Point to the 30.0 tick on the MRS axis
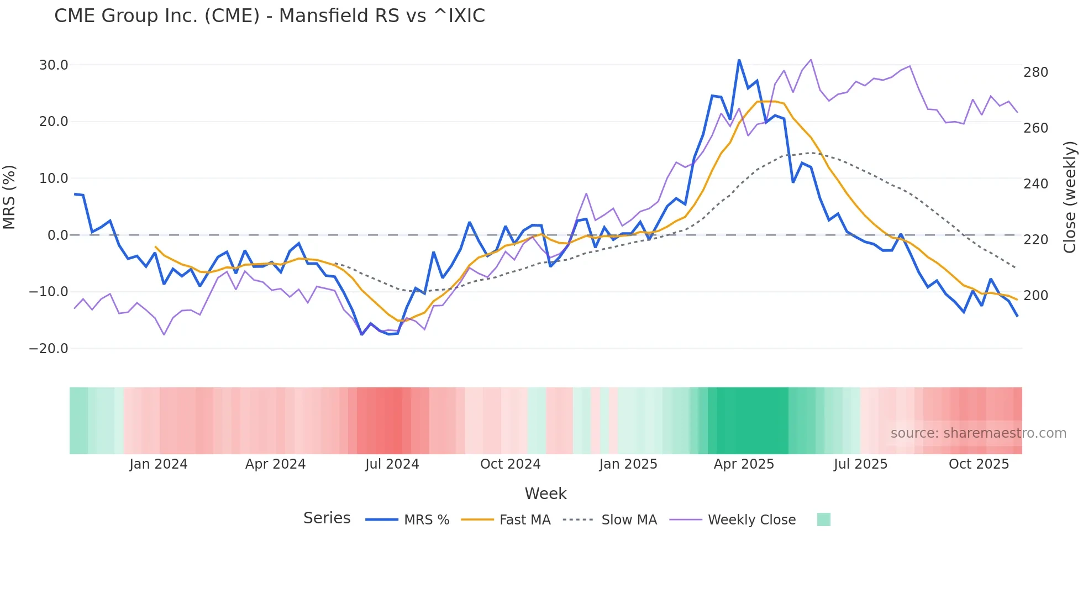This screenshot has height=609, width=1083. point(54,65)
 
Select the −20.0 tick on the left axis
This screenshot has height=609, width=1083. point(49,349)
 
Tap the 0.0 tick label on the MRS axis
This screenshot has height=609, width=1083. point(57,235)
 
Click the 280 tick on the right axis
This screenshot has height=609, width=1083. point(1035,72)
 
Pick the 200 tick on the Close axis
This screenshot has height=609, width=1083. point(1035,296)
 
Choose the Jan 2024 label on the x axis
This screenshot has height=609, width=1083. point(159,464)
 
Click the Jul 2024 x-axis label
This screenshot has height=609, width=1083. point(392,464)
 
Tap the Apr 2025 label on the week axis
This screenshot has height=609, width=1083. point(744,464)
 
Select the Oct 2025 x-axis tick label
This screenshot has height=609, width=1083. point(979,464)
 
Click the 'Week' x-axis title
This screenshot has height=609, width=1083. point(545,494)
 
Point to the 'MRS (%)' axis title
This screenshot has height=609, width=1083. point(9,197)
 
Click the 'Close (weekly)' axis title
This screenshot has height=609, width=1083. point(1070,197)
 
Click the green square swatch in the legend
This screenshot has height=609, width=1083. point(823,519)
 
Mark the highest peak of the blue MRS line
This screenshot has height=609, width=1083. point(739,60)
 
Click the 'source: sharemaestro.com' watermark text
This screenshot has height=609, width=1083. point(978,433)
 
